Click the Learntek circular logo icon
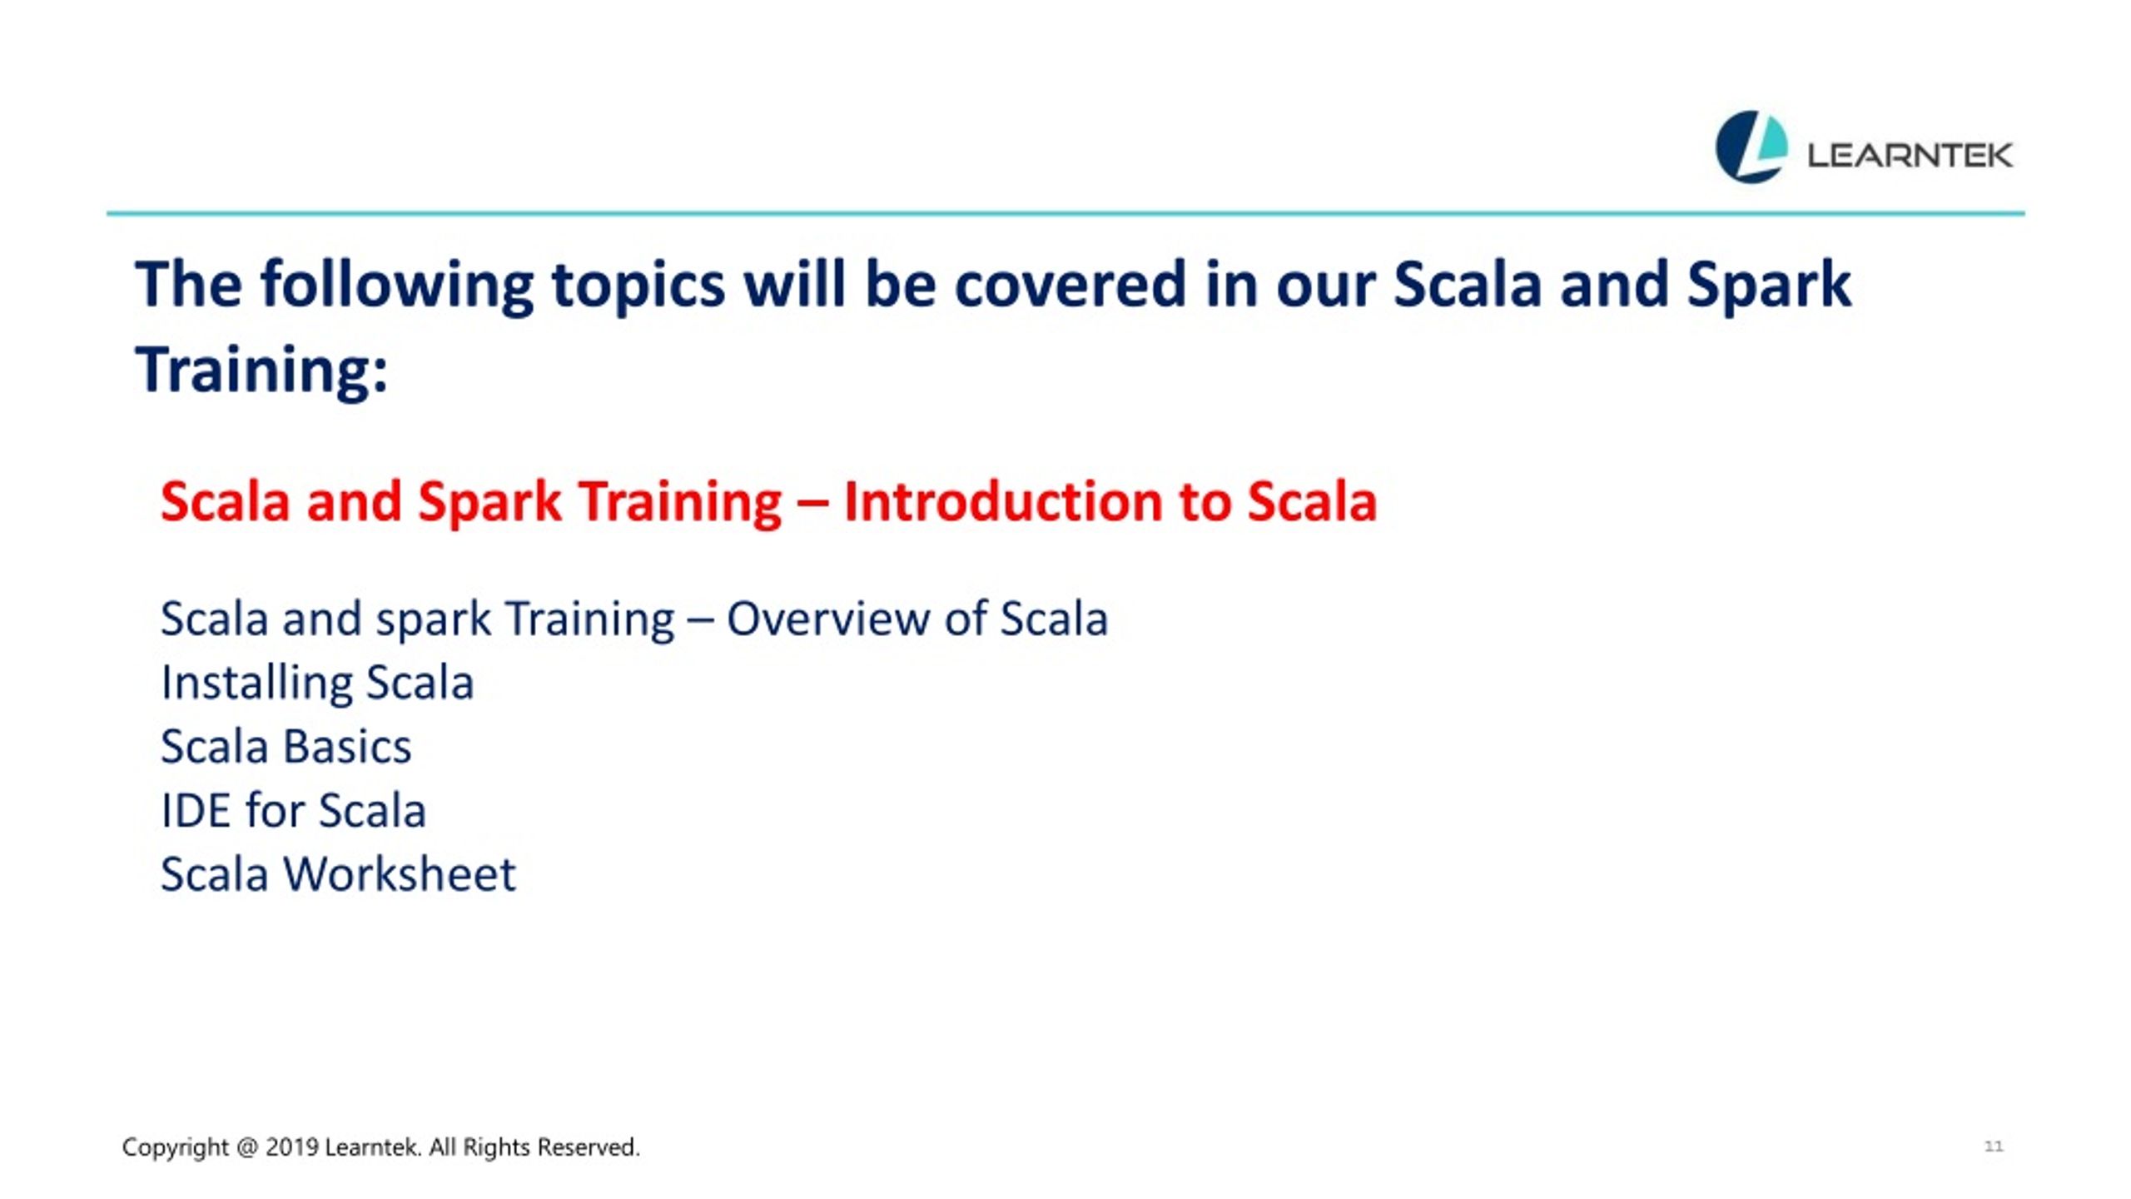click(1751, 147)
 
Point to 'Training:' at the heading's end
click(261, 371)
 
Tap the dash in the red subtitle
click(812, 504)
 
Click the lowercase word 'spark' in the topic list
click(434, 622)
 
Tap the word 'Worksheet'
click(400, 874)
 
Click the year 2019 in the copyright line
click(292, 1147)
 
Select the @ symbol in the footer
click(247, 1148)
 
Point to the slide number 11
click(1994, 1147)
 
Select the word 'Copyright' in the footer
click(175, 1148)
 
